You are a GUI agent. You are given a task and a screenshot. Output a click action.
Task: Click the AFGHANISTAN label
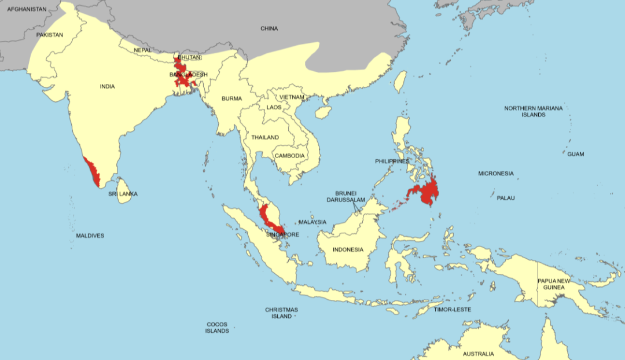click(x=27, y=9)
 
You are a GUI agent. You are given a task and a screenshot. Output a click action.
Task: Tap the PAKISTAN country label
click(x=49, y=35)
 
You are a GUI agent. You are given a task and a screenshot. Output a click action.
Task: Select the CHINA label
click(x=269, y=28)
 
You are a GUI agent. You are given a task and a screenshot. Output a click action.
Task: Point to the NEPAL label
click(x=142, y=50)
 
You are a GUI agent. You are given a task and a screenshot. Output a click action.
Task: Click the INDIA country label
click(x=107, y=86)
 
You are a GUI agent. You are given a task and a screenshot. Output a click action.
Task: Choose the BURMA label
click(x=231, y=98)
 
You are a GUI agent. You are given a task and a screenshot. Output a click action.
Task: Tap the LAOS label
click(x=274, y=107)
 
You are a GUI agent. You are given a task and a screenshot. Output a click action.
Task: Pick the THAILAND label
click(x=265, y=137)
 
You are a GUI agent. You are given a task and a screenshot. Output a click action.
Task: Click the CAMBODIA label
click(x=289, y=156)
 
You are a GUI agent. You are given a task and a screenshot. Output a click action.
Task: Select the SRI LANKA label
click(x=123, y=194)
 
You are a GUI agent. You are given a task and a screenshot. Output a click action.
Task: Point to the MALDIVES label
click(x=90, y=236)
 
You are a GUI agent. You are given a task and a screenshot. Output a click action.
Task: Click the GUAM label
click(x=575, y=154)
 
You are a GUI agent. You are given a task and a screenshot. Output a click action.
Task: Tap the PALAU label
click(x=505, y=198)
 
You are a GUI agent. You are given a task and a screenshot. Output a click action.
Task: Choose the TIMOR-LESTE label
click(x=453, y=310)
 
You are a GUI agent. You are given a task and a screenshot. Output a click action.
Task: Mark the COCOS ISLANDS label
click(x=216, y=328)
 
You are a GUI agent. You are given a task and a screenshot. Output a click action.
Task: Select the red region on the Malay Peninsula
click(x=268, y=216)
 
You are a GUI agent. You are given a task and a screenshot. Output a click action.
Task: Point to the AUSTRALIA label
click(x=479, y=354)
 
